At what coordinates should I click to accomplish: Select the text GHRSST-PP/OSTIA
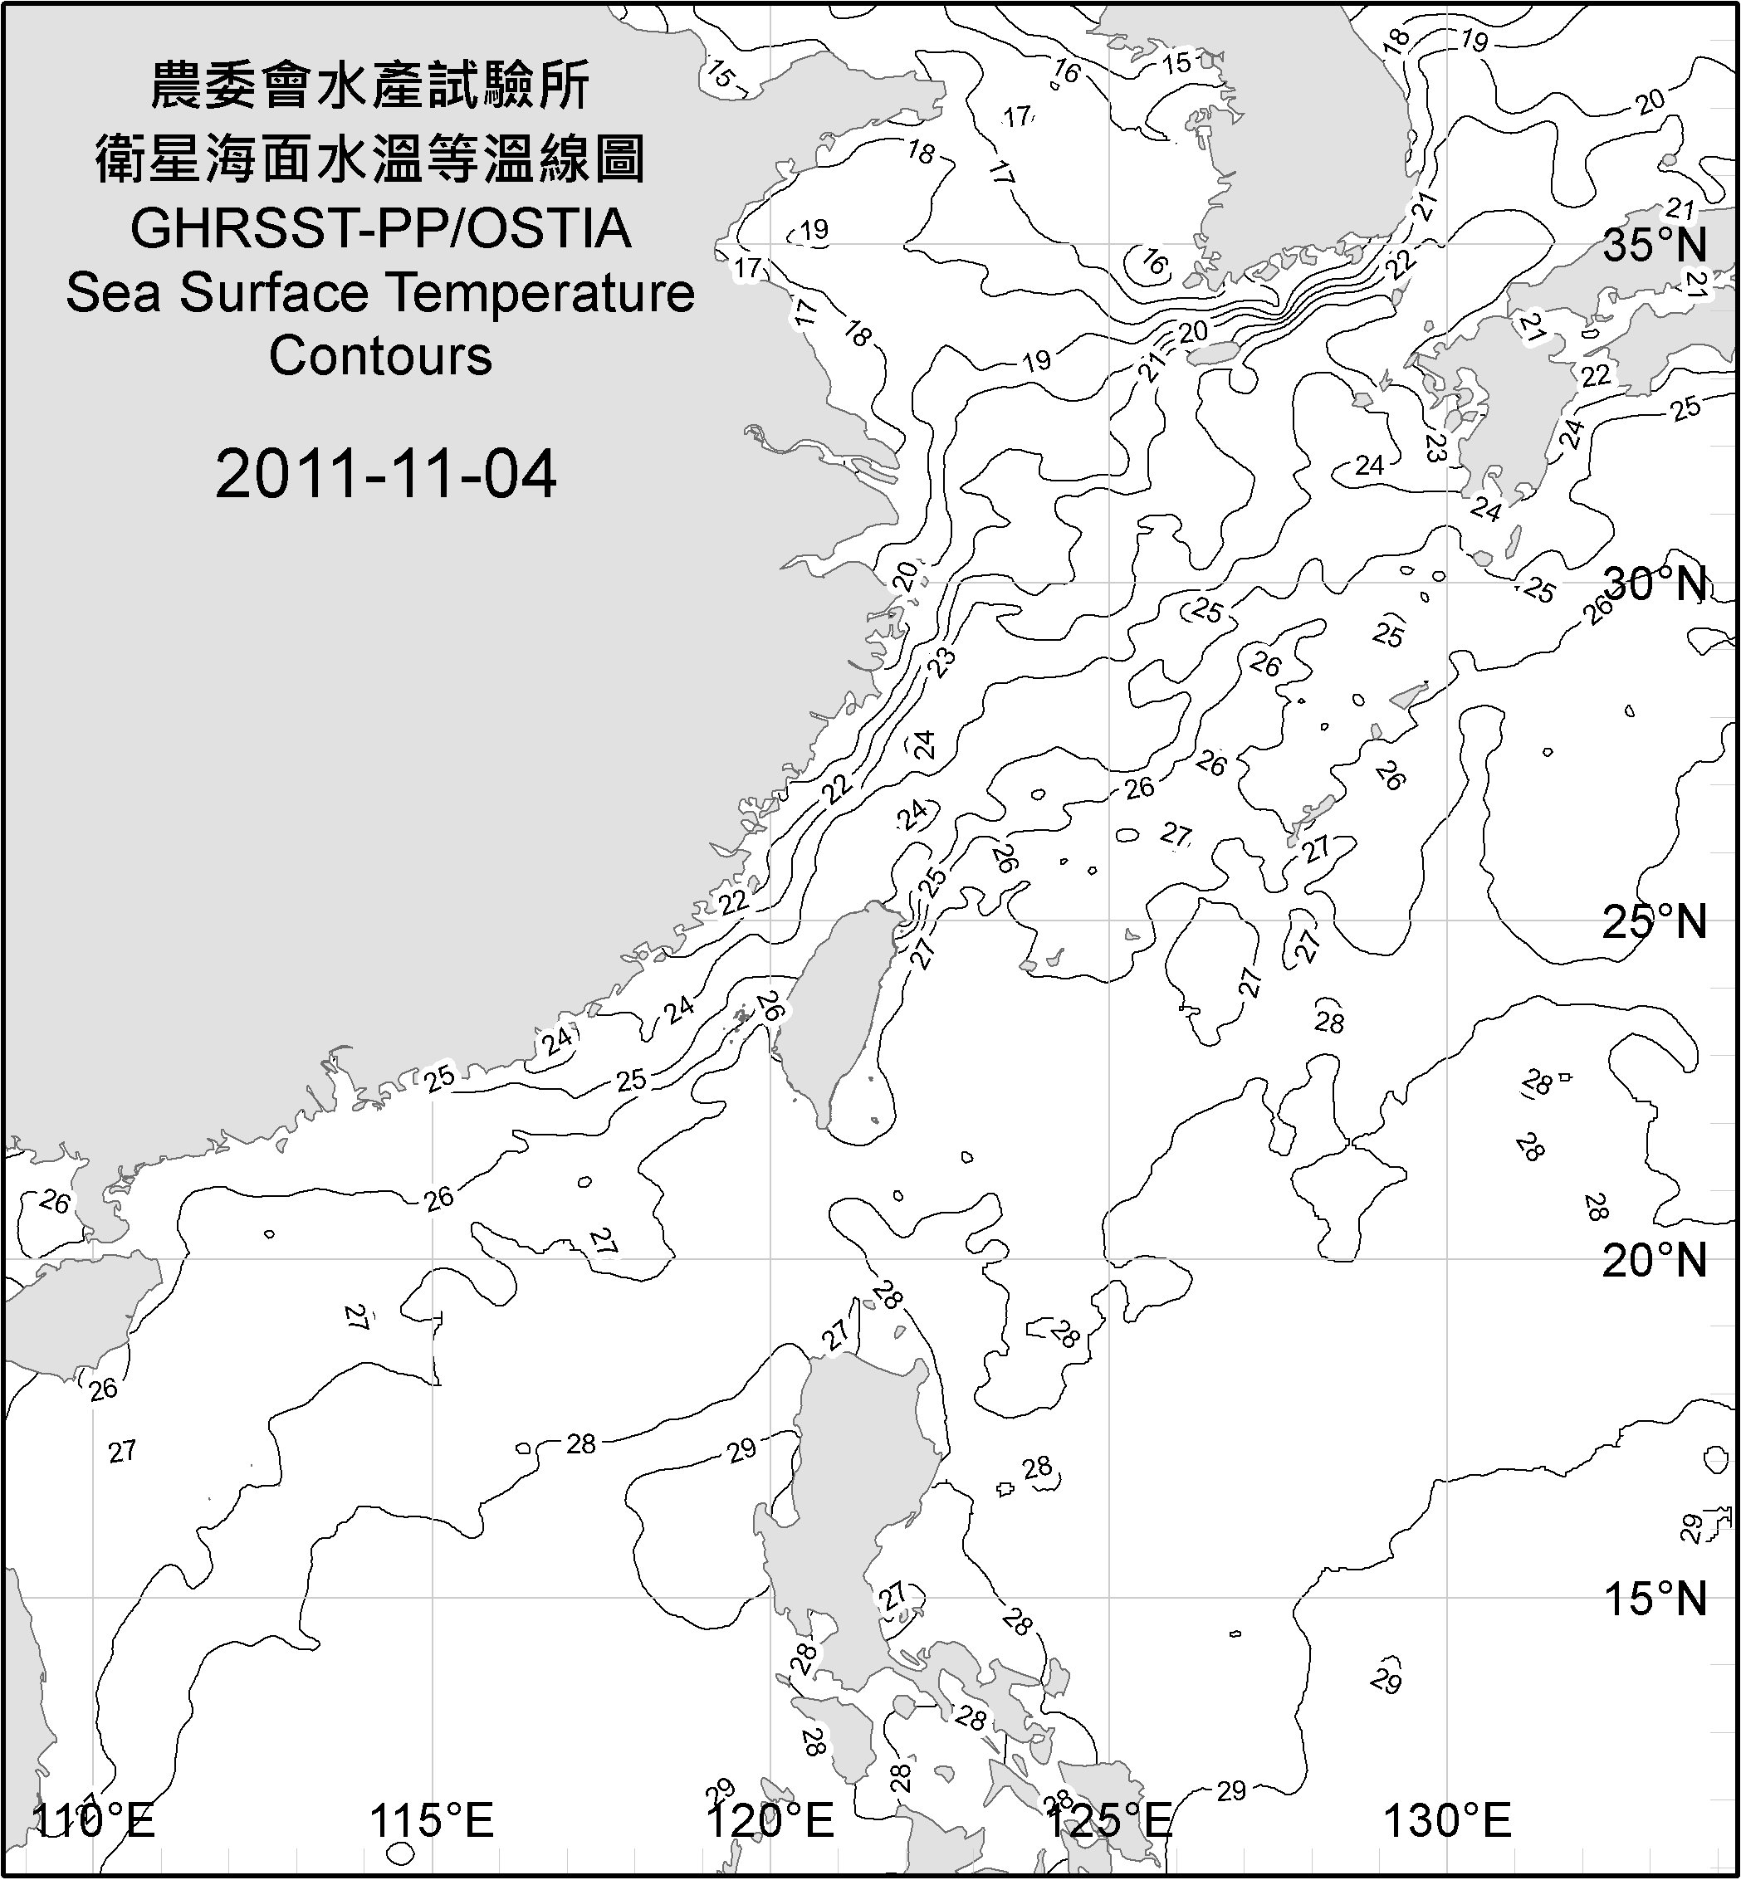tap(380, 229)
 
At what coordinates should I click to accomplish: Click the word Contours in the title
tap(380, 356)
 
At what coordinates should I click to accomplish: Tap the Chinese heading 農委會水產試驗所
tap(370, 86)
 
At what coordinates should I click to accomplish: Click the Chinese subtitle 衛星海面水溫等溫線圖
tap(370, 158)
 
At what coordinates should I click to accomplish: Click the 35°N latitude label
tap(1655, 245)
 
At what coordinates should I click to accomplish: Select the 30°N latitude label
tap(1655, 584)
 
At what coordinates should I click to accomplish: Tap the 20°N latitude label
tap(1655, 1260)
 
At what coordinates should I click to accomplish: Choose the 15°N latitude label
tap(1655, 1599)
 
